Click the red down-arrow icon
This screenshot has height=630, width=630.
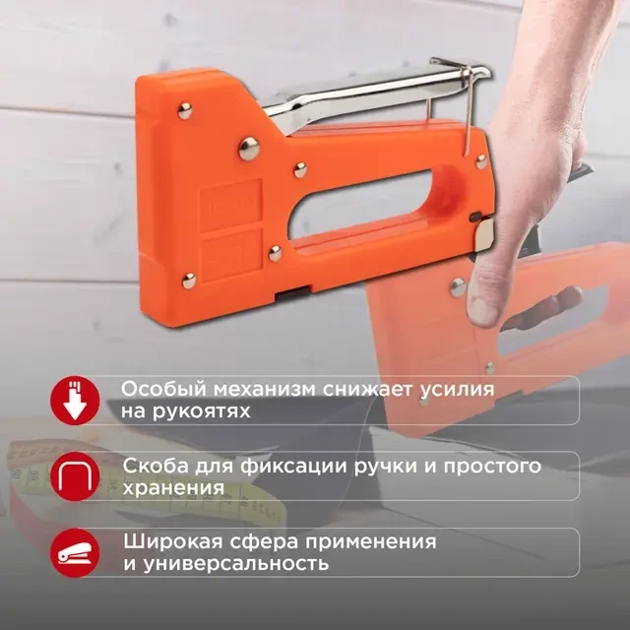75,401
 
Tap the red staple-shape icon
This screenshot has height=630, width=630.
75,476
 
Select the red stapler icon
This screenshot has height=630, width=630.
75,553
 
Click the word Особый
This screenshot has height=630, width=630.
163,390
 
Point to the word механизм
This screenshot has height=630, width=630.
265,390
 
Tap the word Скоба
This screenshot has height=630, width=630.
156,467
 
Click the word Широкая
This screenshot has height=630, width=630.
173,542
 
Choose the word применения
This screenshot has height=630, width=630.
370,542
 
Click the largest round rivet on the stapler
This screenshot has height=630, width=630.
249,149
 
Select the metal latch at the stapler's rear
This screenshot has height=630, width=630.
483,236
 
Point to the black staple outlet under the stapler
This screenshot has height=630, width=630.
293,293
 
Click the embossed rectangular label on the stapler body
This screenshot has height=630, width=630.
230,206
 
